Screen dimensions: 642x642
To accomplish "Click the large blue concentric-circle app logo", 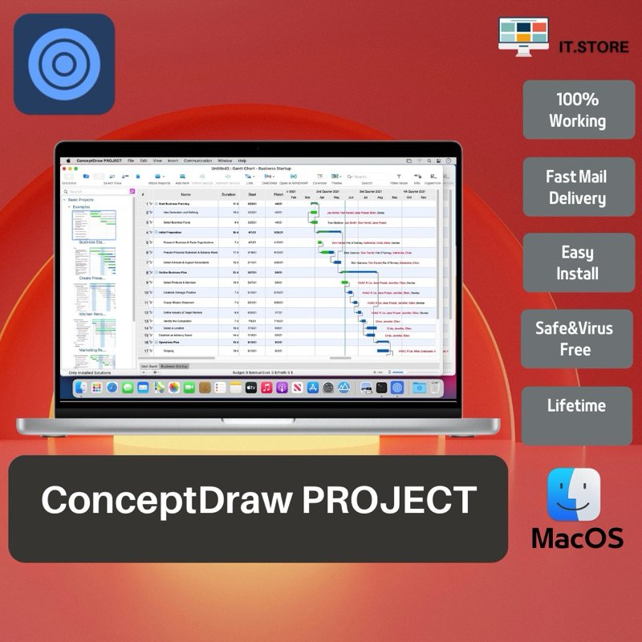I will point(64,64).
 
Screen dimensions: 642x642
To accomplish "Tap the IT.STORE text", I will point(594,47).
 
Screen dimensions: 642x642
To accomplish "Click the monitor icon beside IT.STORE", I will point(523,36).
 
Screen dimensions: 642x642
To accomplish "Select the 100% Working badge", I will point(578,110).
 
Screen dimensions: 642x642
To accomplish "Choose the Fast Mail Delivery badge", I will point(578,187).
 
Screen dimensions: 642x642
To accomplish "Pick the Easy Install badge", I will point(578,262).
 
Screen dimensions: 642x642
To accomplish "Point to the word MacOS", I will point(577,538).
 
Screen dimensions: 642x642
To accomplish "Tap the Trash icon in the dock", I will point(435,388).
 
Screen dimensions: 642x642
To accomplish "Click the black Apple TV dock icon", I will point(251,388).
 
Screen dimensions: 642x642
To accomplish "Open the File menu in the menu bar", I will point(131,160).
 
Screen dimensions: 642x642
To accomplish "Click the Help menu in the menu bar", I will point(242,160).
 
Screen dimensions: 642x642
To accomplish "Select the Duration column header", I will point(229,194).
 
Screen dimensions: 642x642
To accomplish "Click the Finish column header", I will point(278,194).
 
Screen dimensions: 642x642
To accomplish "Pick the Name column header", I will point(185,194).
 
